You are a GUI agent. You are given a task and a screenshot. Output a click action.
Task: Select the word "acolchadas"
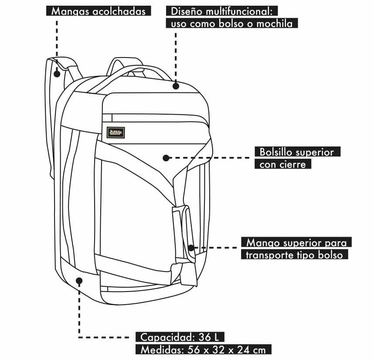click(x=119, y=11)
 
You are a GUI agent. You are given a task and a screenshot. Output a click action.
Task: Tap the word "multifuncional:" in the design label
click(x=240, y=11)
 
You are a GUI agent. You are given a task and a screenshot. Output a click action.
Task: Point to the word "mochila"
click(x=274, y=24)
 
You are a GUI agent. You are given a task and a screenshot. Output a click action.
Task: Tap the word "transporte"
click(x=269, y=255)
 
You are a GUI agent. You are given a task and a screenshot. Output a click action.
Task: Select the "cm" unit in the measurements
click(x=259, y=350)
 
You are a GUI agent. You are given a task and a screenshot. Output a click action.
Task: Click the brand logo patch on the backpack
click(x=116, y=132)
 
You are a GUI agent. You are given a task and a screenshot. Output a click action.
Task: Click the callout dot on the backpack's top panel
click(x=176, y=86)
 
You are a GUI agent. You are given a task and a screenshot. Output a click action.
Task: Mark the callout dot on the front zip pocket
click(x=165, y=157)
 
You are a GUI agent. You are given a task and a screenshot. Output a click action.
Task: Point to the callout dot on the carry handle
click(x=191, y=248)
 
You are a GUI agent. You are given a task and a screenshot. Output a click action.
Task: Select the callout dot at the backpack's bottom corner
click(x=79, y=281)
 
